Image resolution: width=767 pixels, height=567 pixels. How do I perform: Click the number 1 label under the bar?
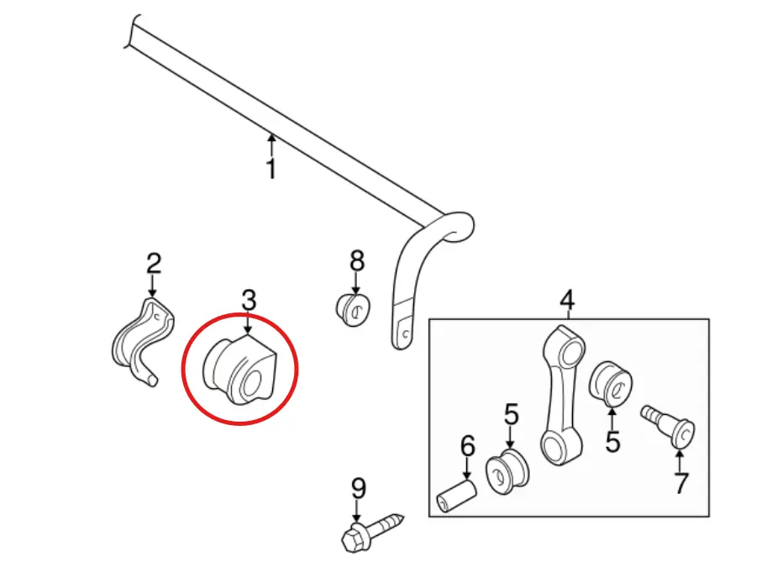coord(271,168)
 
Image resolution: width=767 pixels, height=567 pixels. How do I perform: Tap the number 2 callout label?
coord(154,263)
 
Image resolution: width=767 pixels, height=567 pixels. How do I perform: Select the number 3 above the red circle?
coord(249,299)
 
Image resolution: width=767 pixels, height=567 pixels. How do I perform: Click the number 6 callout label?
coord(468,446)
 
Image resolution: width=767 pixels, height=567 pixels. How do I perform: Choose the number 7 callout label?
coord(681,483)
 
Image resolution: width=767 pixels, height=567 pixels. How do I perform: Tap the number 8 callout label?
coord(356,260)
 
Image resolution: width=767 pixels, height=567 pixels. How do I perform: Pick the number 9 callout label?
coord(359,488)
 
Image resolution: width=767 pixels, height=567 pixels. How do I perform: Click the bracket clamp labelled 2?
coord(143,343)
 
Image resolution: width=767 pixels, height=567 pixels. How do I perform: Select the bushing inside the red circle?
coord(239,370)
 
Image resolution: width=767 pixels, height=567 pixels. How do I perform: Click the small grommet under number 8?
coord(353,310)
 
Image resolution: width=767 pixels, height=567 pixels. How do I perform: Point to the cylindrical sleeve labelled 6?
coord(456,496)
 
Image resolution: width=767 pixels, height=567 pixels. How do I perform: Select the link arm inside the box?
coord(564,396)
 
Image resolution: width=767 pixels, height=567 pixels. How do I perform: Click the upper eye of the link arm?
coord(570,349)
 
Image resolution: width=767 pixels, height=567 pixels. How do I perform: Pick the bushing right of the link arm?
coord(612,384)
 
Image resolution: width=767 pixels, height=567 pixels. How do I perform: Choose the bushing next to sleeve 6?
coord(507,471)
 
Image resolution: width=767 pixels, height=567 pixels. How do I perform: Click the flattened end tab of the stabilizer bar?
coord(402,328)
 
